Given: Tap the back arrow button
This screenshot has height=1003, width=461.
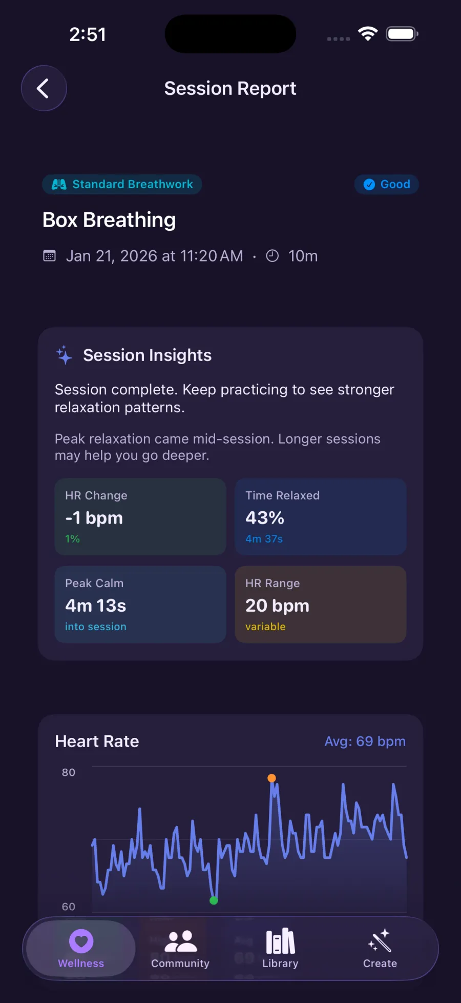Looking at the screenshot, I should [44, 88].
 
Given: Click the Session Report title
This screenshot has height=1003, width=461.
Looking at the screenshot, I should [230, 88].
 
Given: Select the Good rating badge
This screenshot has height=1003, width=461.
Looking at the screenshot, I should [387, 185].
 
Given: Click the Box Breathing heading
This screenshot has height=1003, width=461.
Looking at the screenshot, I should [109, 220].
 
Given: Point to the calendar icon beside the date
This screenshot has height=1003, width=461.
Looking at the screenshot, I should [49, 256].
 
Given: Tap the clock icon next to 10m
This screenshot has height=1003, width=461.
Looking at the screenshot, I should [273, 256].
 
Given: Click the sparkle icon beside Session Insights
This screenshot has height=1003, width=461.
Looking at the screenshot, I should [64, 355].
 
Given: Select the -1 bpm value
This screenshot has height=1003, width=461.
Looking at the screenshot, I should [94, 518].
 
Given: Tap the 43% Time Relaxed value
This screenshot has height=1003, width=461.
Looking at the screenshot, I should [265, 518].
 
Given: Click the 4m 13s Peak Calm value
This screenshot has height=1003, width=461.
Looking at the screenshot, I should [96, 606].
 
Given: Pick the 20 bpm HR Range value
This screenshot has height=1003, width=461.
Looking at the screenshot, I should [277, 606].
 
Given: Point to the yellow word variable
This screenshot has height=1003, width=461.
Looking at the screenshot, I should [265, 627].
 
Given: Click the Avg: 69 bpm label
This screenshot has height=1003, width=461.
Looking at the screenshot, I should [365, 741].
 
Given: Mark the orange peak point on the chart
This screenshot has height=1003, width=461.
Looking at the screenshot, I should [272, 778].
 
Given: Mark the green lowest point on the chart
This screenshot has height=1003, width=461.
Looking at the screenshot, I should [214, 900].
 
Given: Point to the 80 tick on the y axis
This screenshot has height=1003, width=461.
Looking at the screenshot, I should [69, 772].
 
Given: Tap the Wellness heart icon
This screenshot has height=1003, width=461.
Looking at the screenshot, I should [81, 941].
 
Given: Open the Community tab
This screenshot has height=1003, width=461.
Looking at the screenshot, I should [180, 949].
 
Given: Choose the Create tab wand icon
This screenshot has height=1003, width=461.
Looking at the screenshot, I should [380, 941].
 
